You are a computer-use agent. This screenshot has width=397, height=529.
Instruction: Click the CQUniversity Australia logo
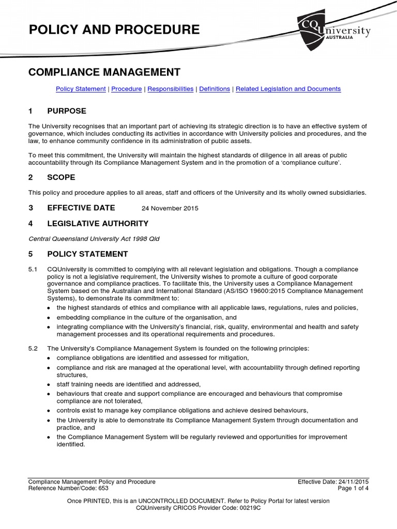[x=333, y=31]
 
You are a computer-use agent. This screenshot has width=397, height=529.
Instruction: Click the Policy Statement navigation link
[x=81, y=89]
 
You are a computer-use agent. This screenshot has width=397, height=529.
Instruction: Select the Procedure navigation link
[x=126, y=89]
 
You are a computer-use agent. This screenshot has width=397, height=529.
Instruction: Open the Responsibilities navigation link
[x=171, y=89]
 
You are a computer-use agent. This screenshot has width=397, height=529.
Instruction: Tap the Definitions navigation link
[x=215, y=89]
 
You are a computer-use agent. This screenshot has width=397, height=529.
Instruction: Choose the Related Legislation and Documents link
[x=288, y=89]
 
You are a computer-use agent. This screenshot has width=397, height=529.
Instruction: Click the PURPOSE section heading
[x=67, y=111]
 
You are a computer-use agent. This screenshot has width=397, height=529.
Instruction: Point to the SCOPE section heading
[x=61, y=177]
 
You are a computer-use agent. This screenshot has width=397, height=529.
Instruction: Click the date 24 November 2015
[x=170, y=209]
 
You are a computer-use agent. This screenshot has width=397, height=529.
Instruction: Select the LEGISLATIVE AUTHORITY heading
[x=98, y=224]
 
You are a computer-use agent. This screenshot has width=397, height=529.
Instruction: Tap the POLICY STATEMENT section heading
[x=87, y=254]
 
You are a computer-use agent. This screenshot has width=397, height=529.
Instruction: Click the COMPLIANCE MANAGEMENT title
[x=104, y=72]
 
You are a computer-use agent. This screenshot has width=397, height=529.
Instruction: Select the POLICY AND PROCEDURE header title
[x=114, y=30]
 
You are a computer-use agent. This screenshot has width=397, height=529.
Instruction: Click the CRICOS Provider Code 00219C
[x=198, y=508]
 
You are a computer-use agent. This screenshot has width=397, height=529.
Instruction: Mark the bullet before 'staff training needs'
[x=49, y=385]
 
